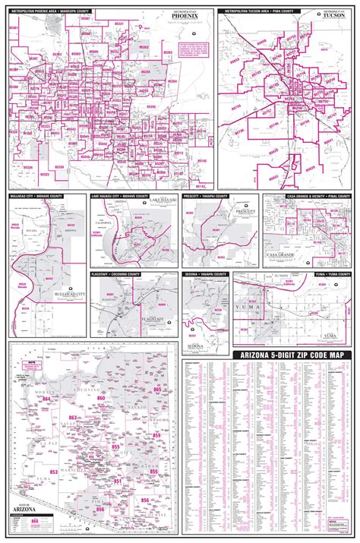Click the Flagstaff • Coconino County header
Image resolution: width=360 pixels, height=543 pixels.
pos(122,273)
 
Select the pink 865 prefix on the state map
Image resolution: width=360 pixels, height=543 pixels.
pos(156,389)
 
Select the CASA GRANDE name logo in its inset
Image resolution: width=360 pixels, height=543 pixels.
pos(283,253)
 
